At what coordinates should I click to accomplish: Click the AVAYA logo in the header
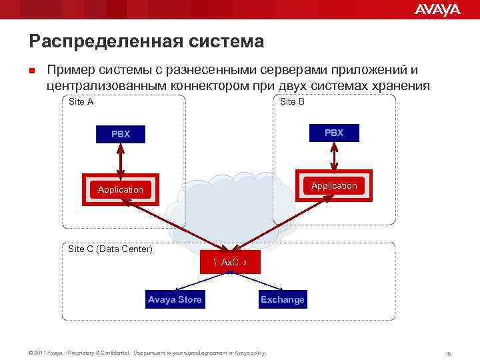click(x=437, y=9)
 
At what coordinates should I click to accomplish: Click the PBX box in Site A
click(x=121, y=134)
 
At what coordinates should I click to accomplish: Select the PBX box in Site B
click(x=333, y=133)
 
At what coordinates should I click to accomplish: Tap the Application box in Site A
click(x=121, y=189)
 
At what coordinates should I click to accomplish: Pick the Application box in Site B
click(x=333, y=186)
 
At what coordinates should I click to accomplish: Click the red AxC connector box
click(x=230, y=263)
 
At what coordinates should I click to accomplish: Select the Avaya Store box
click(x=175, y=299)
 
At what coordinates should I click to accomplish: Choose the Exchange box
click(x=282, y=299)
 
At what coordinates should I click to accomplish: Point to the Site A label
click(x=81, y=102)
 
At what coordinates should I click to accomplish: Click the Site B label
click(x=292, y=102)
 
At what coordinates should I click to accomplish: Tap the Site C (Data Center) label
click(x=111, y=249)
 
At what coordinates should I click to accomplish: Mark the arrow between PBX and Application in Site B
click(x=333, y=157)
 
